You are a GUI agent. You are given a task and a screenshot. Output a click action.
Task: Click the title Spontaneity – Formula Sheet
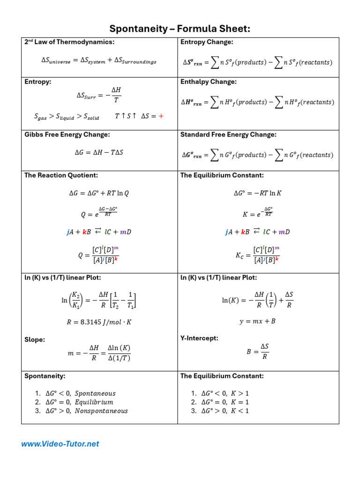180,29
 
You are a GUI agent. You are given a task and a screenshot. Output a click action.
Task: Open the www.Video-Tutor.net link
60,443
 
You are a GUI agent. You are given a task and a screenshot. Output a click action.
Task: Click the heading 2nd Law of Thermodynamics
69,42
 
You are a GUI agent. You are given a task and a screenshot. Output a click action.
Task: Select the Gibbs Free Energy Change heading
67,135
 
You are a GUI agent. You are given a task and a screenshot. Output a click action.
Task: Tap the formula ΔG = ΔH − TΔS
99,152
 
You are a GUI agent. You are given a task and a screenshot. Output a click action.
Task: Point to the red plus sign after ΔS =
161,116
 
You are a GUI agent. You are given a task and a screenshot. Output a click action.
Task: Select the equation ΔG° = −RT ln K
258,193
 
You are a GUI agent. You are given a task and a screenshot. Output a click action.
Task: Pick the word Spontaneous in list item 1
95,393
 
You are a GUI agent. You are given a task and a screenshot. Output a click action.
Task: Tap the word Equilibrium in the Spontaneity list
94,402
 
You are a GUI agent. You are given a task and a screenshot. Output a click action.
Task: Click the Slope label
35,339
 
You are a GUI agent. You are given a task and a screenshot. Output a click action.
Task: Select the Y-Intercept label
199,338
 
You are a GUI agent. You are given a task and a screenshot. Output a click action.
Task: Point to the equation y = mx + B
257,322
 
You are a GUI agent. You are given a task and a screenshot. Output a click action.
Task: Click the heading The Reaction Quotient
61,175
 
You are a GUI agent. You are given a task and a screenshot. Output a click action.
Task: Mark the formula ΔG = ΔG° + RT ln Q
98,193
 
